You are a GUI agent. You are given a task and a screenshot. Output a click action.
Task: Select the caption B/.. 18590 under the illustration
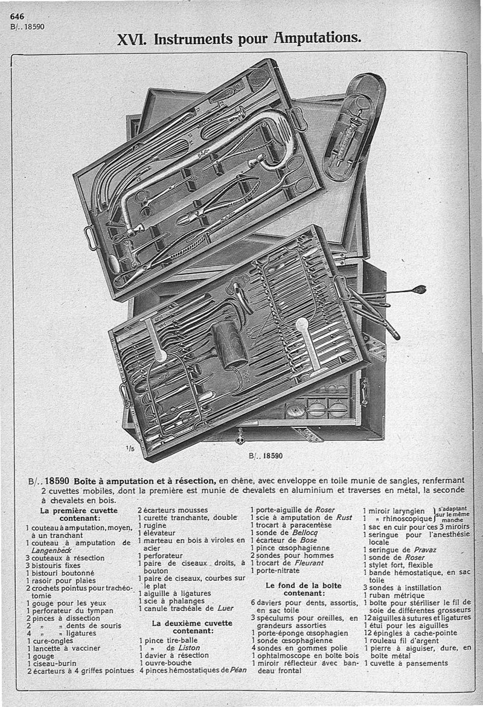[x=266, y=456]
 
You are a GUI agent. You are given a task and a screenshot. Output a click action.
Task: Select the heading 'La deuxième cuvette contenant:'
[x=192, y=627]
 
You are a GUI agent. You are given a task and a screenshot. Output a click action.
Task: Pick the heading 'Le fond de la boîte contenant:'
[x=304, y=589]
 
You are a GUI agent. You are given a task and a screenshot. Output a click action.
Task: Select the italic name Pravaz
[x=425, y=549]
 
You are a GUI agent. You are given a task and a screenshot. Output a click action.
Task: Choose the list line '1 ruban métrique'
[x=394, y=595]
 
